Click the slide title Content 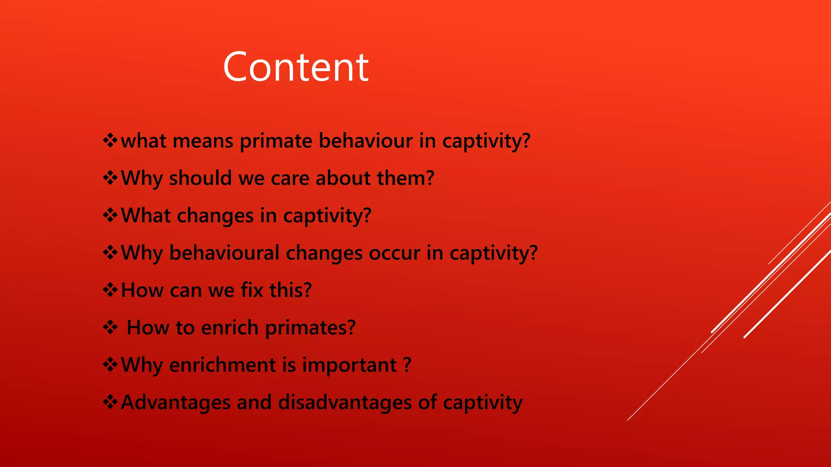pyautogui.click(x=296, y=67)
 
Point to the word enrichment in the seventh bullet pyautogui.click(x=222, y=365)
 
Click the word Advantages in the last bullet pyautogui.click(x=176, y=403)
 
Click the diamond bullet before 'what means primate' pyautogui.click(x=110, y=141)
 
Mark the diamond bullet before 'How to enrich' pyautogui.click(x=110, y=327)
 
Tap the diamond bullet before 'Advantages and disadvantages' pyautogui.click(x=110, y=402)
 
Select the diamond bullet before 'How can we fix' pyautogui.click(x=110, y=290)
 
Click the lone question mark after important pyautogui.click(x=407, y=365)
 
